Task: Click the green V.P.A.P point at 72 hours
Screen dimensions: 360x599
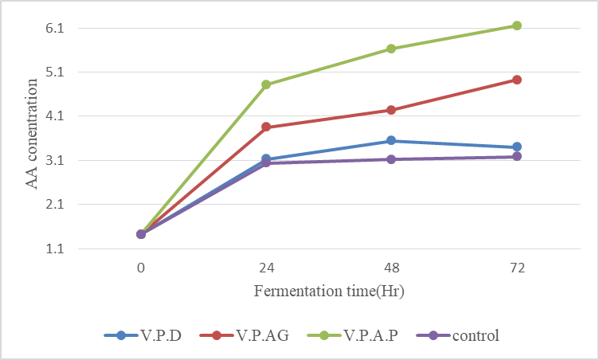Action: point(517,25)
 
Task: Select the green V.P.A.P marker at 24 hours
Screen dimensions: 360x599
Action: point(266,84)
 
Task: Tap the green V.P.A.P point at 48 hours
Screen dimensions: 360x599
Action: point(391,49)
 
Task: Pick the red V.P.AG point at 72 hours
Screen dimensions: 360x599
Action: point(517,80)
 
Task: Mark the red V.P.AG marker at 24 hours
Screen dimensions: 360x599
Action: point(266,127)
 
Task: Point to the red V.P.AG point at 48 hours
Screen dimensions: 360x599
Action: point(391,110)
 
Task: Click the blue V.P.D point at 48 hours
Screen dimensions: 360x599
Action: point(391,141)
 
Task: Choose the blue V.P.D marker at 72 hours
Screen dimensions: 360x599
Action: point(517,147)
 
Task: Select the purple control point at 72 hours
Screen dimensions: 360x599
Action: point(517,156)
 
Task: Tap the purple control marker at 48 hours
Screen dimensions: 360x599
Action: point(391,159)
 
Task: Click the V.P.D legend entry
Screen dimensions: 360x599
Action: point(143,335)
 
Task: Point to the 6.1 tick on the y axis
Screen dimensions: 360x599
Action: point(63,29)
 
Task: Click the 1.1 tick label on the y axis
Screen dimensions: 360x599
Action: point(63,249)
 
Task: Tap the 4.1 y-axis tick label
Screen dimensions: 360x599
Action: point(63,116)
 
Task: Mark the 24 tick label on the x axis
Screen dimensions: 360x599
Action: point(266,268)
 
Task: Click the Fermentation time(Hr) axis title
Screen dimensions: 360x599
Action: point(329,291)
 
